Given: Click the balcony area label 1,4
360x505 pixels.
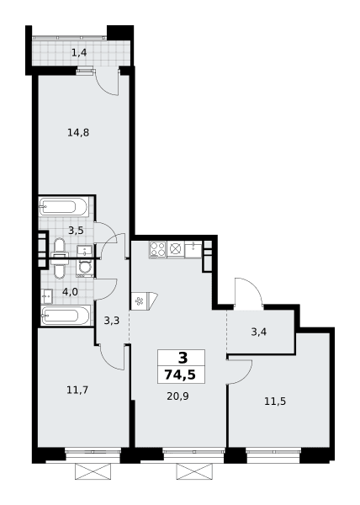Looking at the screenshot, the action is (79, 52).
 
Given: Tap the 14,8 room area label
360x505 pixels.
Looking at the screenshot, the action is (78, 132).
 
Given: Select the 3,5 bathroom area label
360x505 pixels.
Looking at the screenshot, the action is (76, 231).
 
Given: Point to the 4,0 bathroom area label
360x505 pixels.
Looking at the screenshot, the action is (70, 292).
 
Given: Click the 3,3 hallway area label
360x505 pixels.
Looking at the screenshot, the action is (112, 321).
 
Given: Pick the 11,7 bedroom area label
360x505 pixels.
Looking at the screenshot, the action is (77, 390).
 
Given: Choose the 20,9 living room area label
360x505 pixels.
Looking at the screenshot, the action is (177, 396).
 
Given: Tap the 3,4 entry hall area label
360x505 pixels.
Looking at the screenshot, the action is (259, 332).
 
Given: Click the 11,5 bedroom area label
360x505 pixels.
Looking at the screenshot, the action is (275, 401).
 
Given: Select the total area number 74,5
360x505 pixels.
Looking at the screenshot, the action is (180, 375).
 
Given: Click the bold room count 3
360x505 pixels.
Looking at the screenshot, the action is (183, 358).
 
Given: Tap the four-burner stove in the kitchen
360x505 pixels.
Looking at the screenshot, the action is (157, 249).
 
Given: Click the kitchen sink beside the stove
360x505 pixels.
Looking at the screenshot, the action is (193, 250).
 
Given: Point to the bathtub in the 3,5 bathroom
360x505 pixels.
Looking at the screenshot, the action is (63, 206).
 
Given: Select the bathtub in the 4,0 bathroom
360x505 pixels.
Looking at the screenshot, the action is (66, 316).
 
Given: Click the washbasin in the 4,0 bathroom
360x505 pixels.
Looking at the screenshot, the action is (47, 296).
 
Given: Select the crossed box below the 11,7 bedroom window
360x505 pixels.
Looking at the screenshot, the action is (93, 471).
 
